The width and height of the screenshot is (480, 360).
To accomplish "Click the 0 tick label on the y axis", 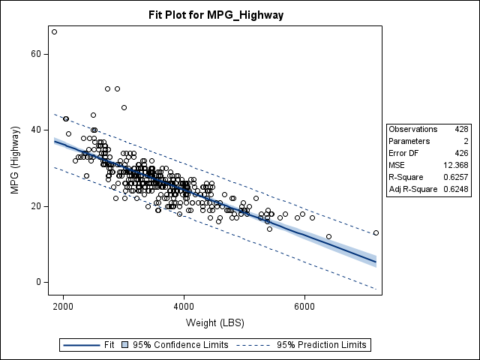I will pyautogui.click(x=37, y=282).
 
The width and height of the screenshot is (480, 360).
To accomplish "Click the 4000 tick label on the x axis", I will pyautogui.click(x=184, y=306).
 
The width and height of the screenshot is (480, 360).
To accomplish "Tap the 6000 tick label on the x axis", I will pyautogui.click(x=304, y=306).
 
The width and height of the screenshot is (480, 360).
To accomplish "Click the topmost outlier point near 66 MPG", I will pyautogui.click(x=54, y=31).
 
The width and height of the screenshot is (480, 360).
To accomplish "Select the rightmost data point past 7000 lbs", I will pyautogui.click(x=376, y=232).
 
